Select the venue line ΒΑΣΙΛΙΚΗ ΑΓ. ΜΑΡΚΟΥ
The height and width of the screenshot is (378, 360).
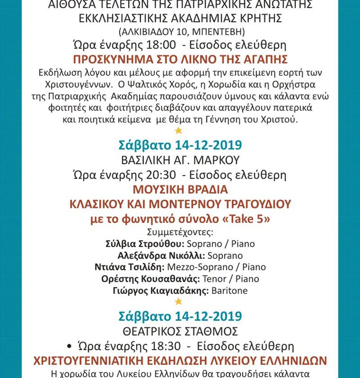[180, 160]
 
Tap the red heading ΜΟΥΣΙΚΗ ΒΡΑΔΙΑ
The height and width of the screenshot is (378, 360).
[180, 189]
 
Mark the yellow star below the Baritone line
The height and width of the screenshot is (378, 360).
[179, 301]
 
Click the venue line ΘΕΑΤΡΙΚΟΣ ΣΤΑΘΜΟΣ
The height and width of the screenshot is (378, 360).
[180, 331]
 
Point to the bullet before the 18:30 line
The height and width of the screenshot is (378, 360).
[69, 346]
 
